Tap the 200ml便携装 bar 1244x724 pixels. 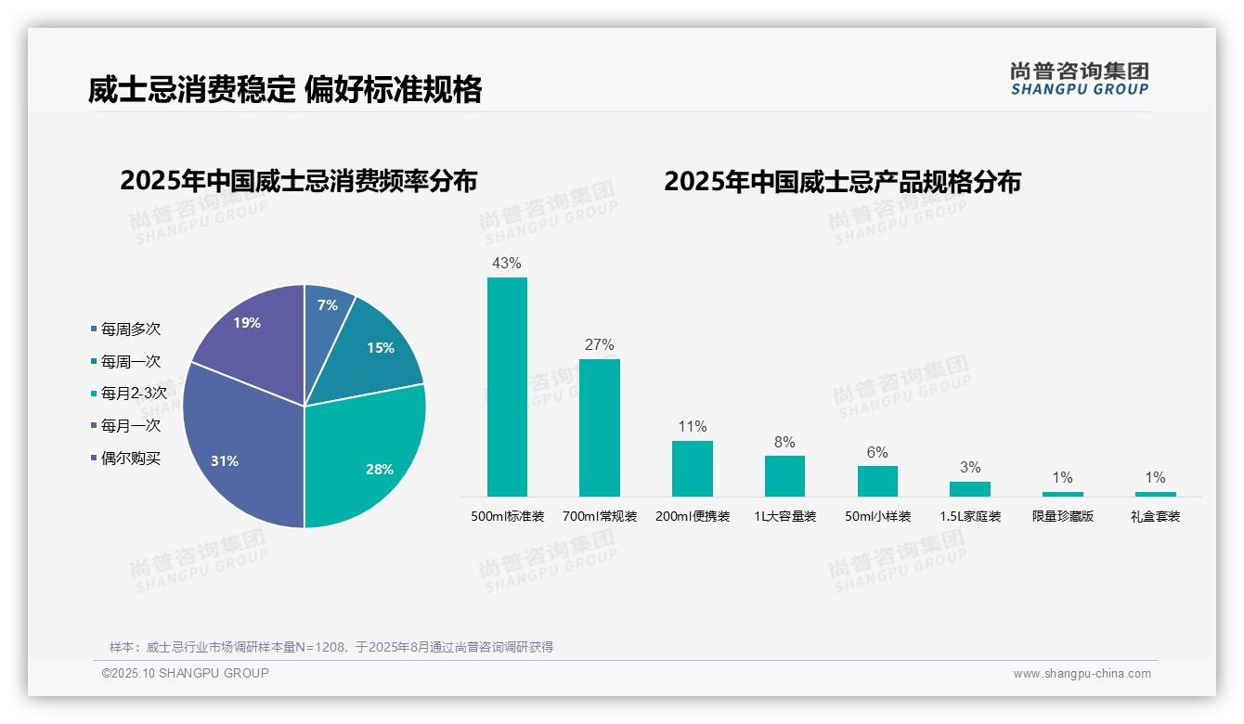point(692,468)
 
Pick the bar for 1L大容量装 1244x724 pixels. point(784,475)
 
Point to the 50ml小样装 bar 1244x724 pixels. point(877,481)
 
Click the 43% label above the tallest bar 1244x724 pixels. point(507,263)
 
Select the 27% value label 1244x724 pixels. point(599,344)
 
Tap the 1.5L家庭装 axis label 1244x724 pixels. point(970,516)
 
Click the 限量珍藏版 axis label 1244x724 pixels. point(1063,516)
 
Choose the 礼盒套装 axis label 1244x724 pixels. point(1155,516)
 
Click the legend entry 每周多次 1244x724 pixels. point(130,329)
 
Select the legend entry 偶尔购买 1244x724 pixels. point(130,458)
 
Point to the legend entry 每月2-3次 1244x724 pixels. point(134,394)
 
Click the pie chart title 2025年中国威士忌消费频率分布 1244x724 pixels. point(298,181)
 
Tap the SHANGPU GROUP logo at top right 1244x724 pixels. point(1079,78)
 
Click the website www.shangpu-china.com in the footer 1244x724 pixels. point(1082,674)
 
